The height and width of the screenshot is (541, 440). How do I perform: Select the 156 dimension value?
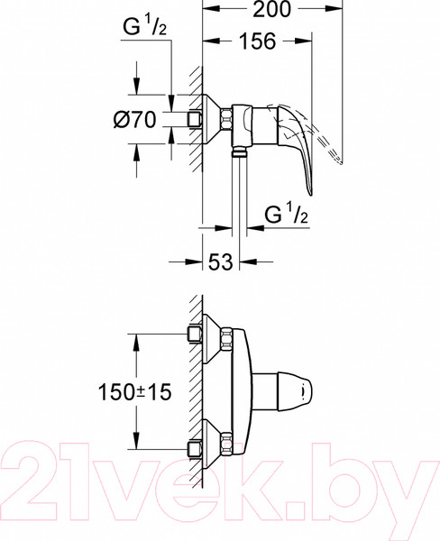point(258,42)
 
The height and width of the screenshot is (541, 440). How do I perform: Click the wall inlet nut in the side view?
point(193,118)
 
